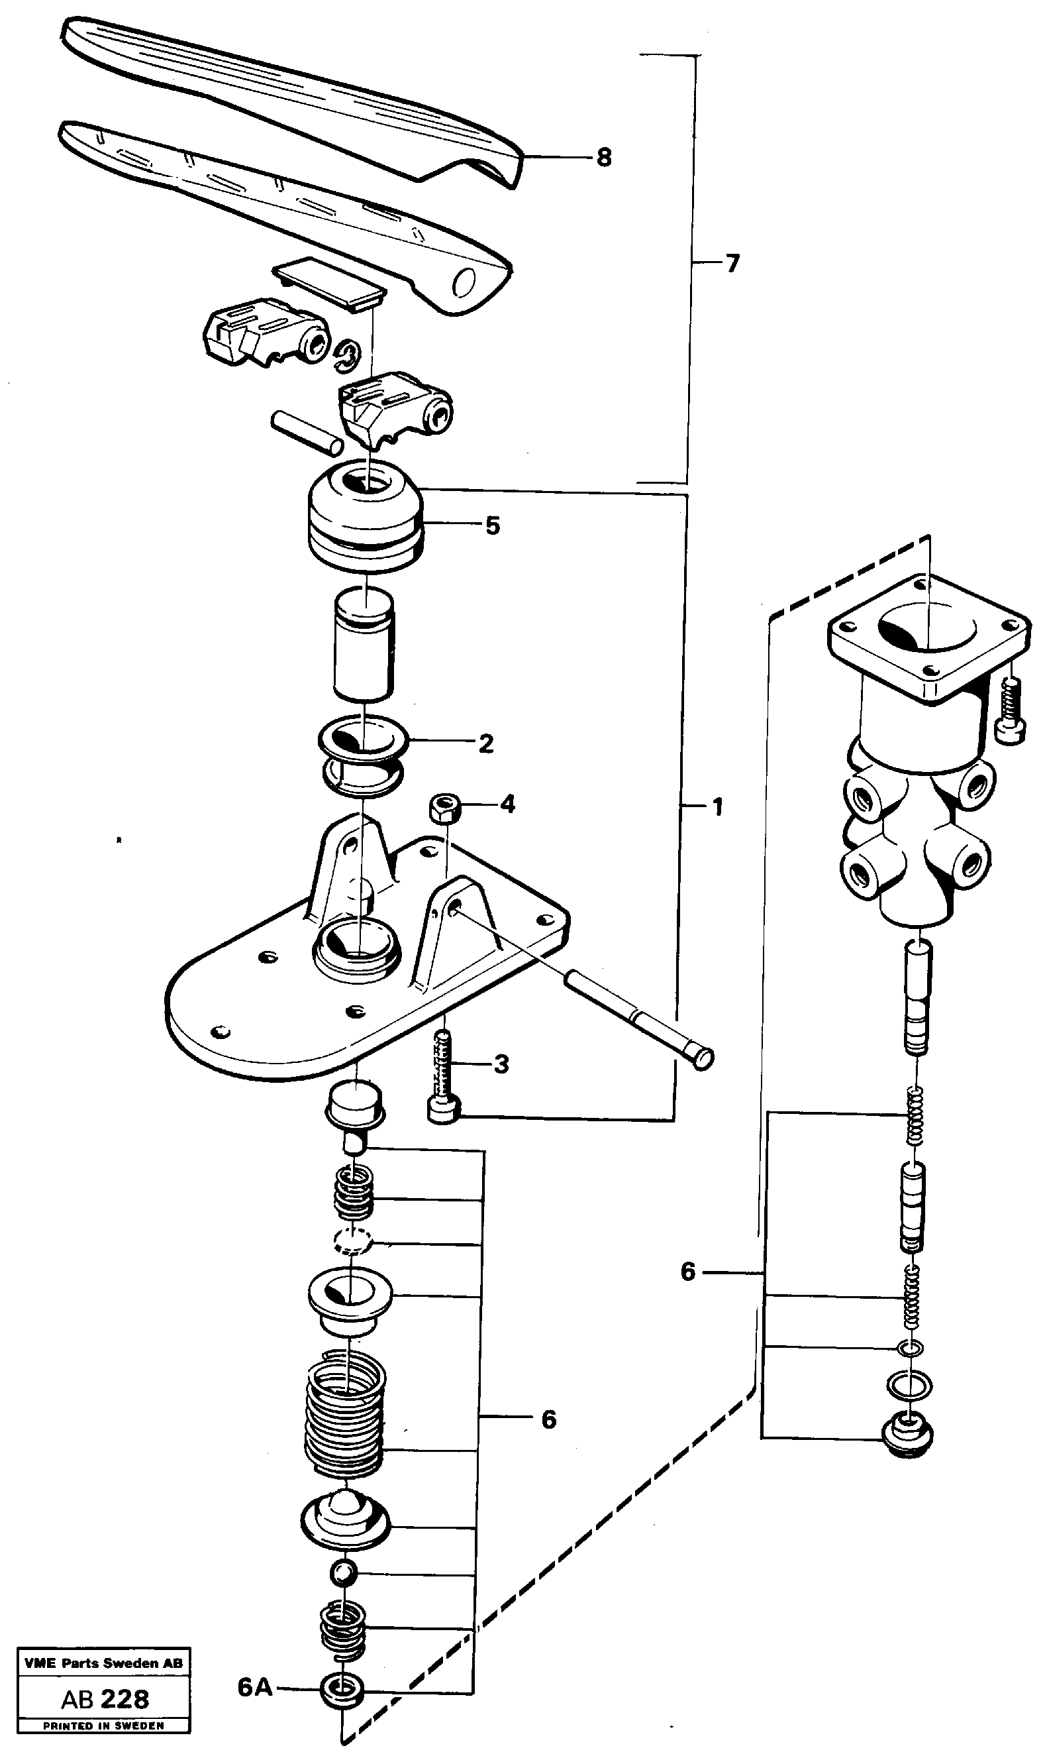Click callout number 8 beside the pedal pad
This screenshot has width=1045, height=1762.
603,158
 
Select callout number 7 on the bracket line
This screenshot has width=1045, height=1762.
732,264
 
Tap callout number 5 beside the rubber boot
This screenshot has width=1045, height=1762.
492,525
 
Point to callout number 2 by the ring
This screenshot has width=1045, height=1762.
486,743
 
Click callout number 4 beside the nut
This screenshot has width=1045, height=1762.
508,804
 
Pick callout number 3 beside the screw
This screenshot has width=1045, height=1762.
501,1064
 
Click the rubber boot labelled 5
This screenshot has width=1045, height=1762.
366,518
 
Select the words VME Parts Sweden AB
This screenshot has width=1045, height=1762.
103,1663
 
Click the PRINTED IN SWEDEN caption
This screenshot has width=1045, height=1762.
103,1726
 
